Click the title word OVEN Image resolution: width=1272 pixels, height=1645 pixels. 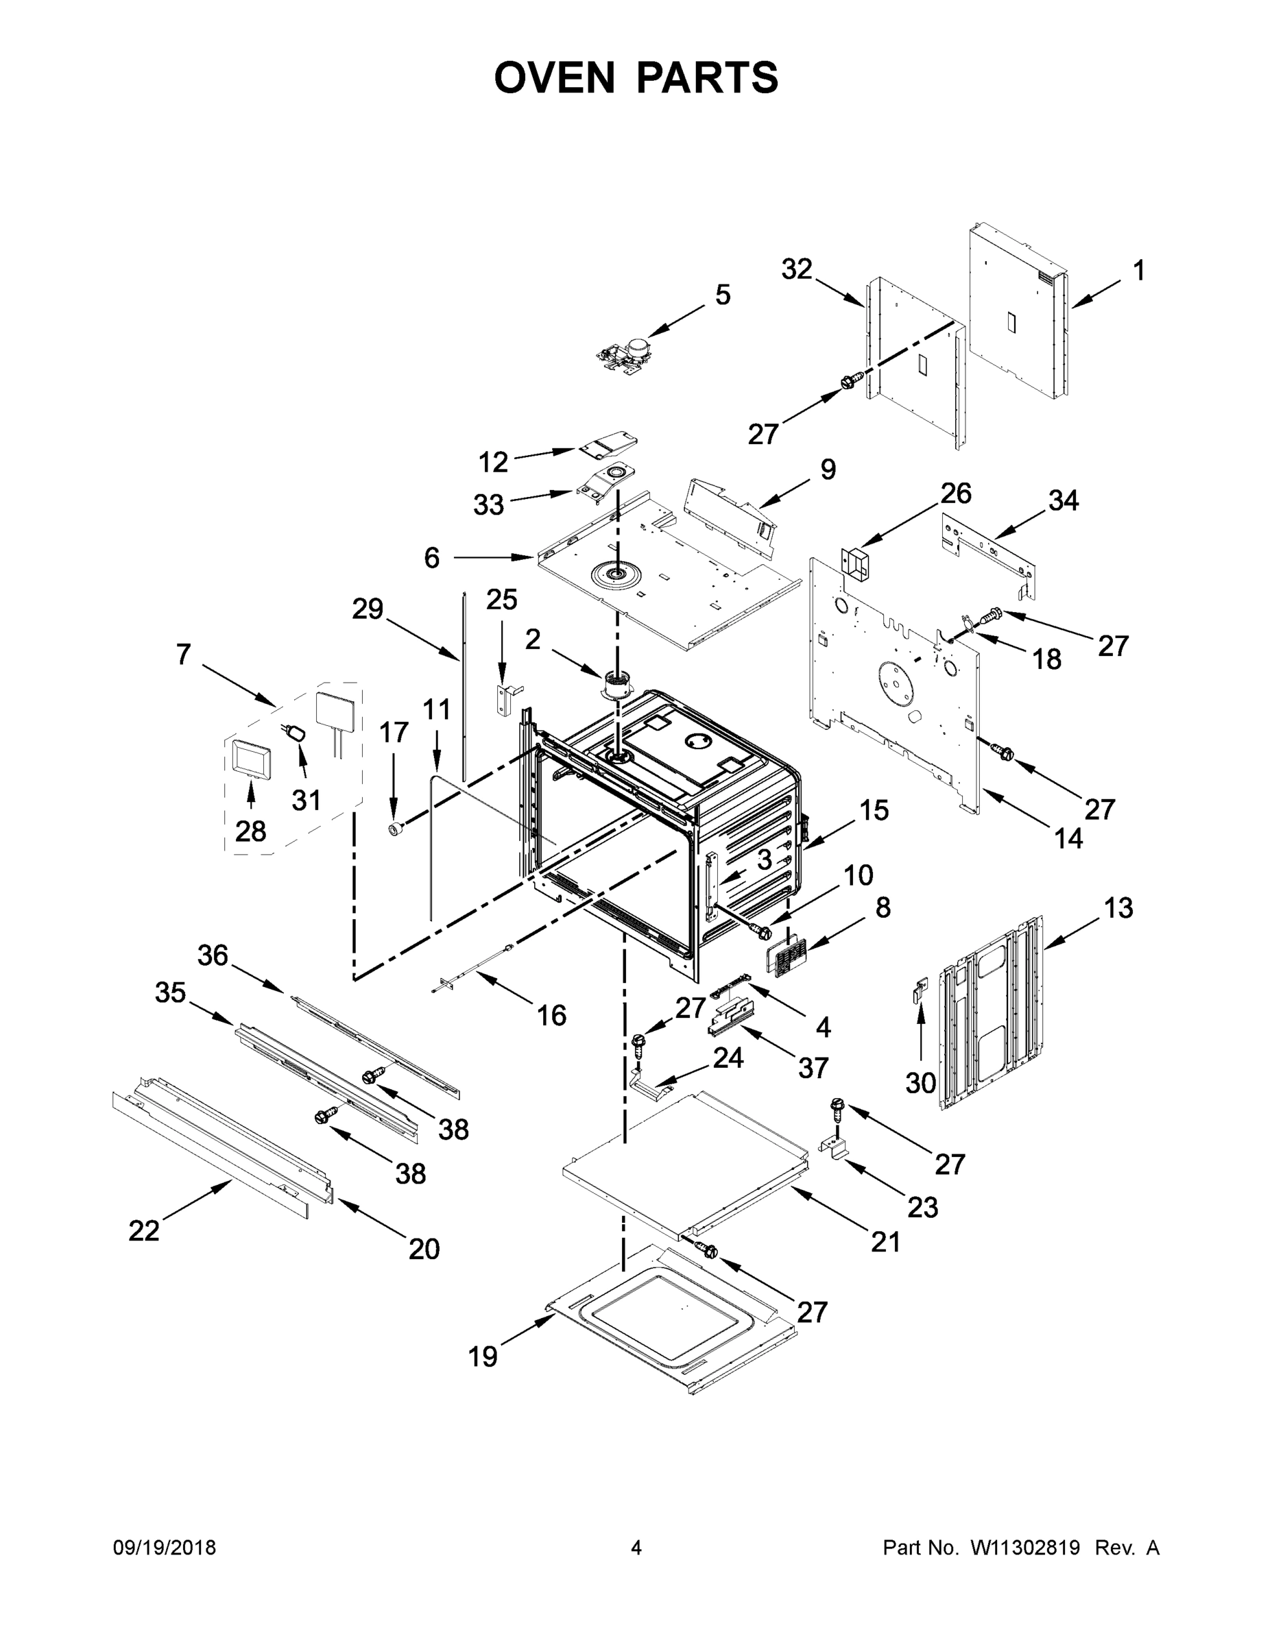click(x=555, y=77)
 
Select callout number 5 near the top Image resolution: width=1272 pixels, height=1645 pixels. click(x=722, y=295)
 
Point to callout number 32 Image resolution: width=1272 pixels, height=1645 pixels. click(x=797, y=269)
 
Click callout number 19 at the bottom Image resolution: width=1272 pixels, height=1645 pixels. click(x=482, y=1356)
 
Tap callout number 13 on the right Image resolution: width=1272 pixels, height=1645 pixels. click(x=1118, y=907)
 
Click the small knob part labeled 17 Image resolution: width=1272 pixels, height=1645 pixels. click(x=394, y=829)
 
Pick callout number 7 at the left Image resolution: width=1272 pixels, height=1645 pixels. click(x=184, y=655)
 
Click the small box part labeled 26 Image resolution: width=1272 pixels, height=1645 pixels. click(x=855, y=564)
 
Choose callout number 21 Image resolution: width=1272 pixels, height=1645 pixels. click(x=885, y=1241)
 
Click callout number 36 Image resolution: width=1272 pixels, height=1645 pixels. click(x=213, y=955)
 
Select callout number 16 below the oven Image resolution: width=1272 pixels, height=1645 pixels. click(x=551, y=1015)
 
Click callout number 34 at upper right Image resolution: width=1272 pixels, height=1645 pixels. click(x=1064, y=500)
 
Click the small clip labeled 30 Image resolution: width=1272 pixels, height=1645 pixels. click(x=920, y=989)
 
